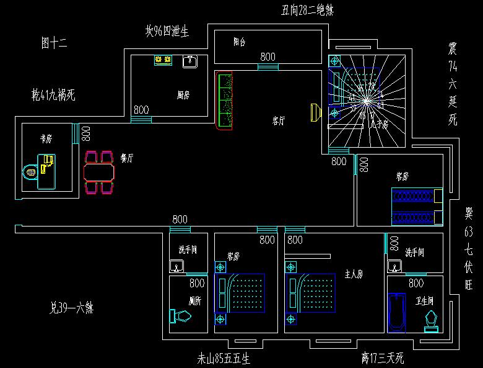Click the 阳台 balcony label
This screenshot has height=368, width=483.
point(240,43)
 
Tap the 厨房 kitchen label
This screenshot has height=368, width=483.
point(183,95)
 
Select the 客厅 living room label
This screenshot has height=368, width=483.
point(279,122)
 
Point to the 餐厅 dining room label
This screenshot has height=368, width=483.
point(126,158)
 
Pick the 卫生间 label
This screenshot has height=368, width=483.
point(425,300)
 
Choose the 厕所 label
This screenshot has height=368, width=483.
point(194,300)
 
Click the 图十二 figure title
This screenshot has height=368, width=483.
point(54,43)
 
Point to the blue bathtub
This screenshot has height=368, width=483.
point(396,313)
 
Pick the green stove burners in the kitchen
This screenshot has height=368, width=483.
point(163,60)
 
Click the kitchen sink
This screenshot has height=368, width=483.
point(190,61)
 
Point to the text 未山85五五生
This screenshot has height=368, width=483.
point(224,358)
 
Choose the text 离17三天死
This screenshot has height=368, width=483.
point(383,358)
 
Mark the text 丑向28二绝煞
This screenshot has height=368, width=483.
point(308,10)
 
